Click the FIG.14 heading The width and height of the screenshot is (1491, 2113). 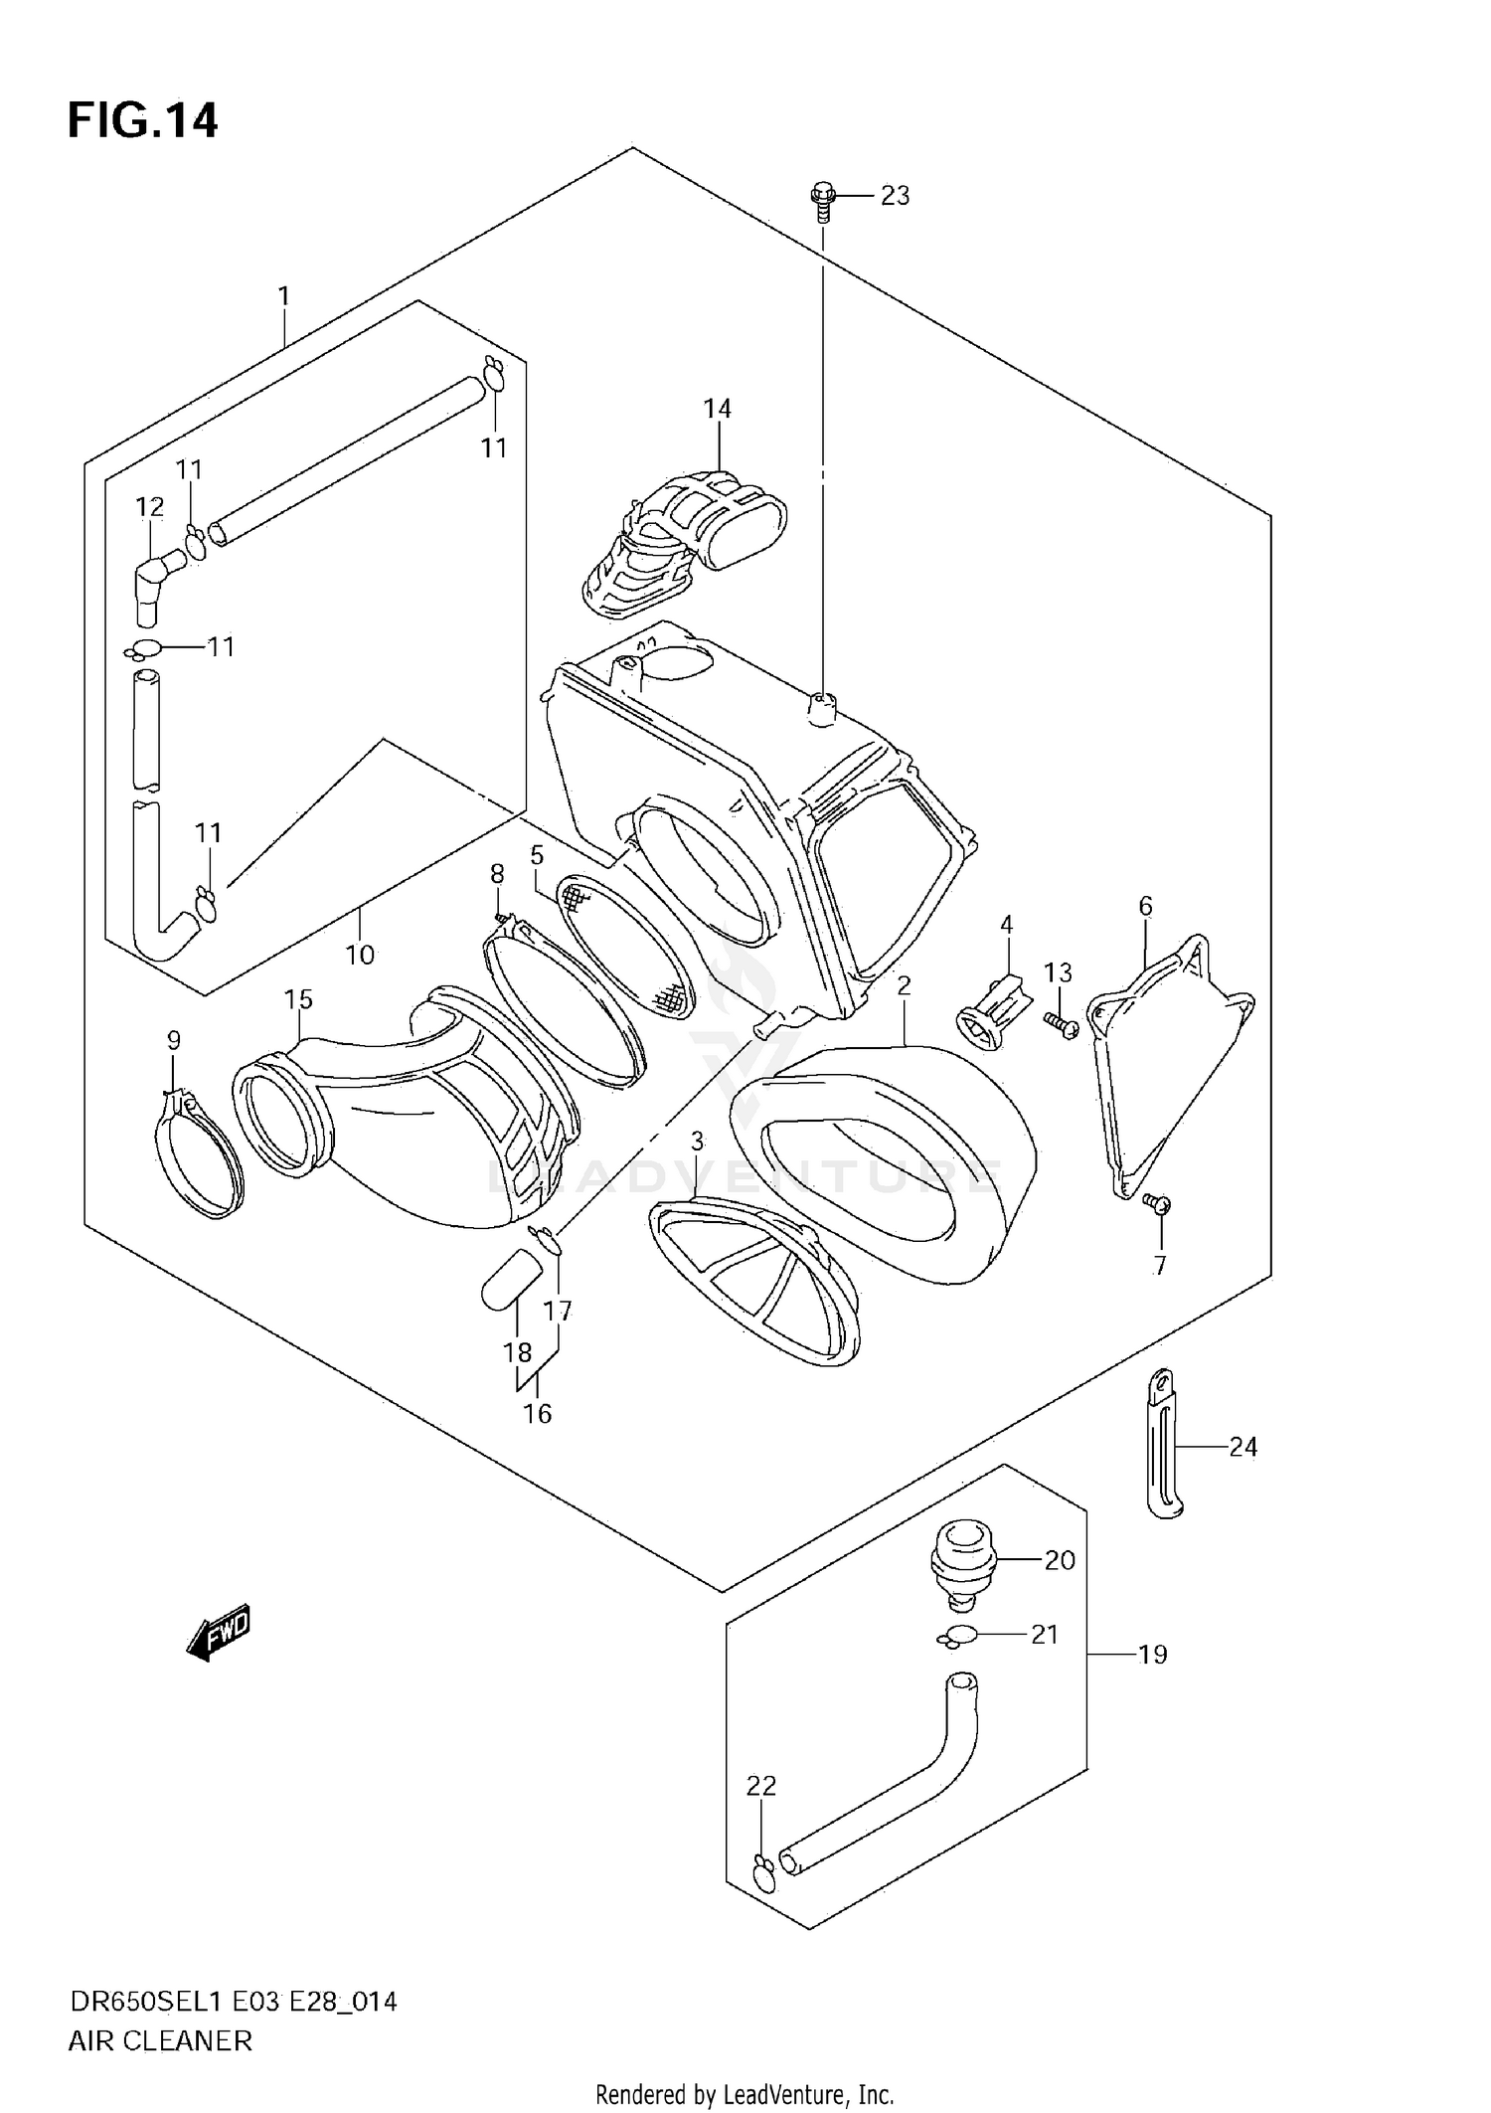click(142, 121)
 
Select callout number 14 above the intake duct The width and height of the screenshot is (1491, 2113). click(717, 409)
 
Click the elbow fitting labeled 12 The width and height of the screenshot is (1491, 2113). click(154, 585)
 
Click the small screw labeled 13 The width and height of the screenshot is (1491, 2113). click(1062, 1025)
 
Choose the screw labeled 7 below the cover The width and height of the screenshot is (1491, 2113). click(1157, 1204)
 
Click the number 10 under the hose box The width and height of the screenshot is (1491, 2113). click(360, 955)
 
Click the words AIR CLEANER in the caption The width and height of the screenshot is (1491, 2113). click(160, 2041)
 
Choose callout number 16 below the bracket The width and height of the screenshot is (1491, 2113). click(537, 1413)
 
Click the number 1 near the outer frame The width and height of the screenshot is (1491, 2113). click(283, 295)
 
